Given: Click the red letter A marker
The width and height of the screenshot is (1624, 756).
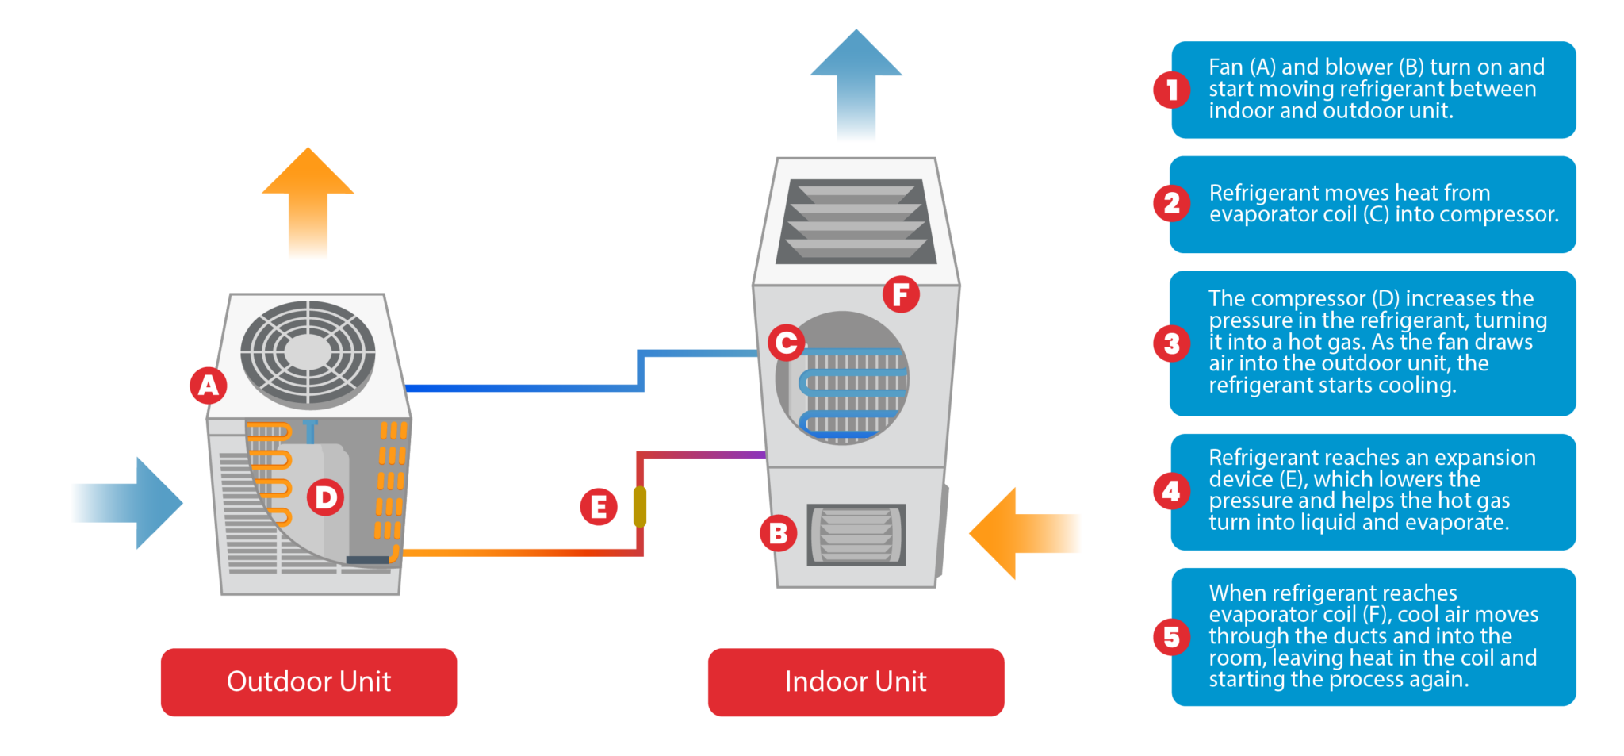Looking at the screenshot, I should pyautogui.click(x=209, y=386).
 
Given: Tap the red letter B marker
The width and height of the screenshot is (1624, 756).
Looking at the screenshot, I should pyautogui.click(x=779, y=534).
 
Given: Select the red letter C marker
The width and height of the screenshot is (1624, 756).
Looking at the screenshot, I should pyautogui.click(x=787, y=343).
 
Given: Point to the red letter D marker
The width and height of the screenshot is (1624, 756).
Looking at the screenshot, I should pyautogui.click(x=325, y=497).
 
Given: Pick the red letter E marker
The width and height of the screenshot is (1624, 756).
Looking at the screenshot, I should pyautogui.click(x=599, y=507).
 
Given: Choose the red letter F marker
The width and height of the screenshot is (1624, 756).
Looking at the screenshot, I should pyautogui.click(x=901, y=294).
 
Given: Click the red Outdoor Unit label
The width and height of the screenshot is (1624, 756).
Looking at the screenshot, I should pyautogui.click(x=308, y=681).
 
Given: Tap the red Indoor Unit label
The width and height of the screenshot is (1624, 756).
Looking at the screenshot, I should pyautogui.click(x=856, y=681).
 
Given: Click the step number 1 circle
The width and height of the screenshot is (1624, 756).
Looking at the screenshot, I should pyautogui.click(x=1171, y=90).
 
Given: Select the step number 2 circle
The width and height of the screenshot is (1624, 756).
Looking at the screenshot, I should pyautogui.click(x=1171, y=203).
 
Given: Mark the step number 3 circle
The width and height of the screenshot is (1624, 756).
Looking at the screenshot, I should pyautogui.click(x=1171, y=343).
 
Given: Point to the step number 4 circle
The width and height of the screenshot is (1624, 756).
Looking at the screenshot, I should pyautogui.click(x=1171, y=492).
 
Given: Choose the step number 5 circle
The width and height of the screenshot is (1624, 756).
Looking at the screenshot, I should pyautogui.click(x=1171, y=637).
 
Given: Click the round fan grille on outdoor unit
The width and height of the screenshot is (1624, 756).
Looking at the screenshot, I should pyautogui.click(x=308, y=351).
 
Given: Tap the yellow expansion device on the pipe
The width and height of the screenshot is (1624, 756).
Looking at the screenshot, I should pyautogui.click(x=640, y=507).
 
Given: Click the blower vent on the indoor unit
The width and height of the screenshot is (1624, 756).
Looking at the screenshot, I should pyautogui.click(x=856, y=535).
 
